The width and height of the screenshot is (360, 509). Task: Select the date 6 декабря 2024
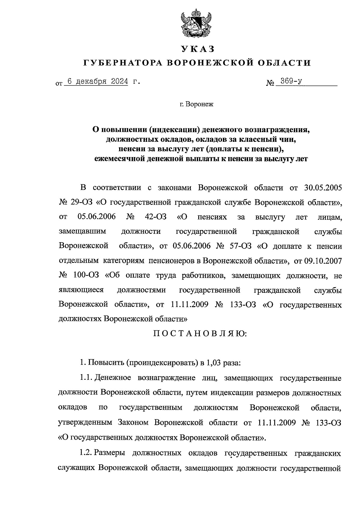click(97, 82)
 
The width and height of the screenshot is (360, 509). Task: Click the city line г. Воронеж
click(196, 105)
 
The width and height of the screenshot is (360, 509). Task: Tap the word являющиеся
click(81, 290)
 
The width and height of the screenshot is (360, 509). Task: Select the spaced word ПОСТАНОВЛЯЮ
click(200, 334)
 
